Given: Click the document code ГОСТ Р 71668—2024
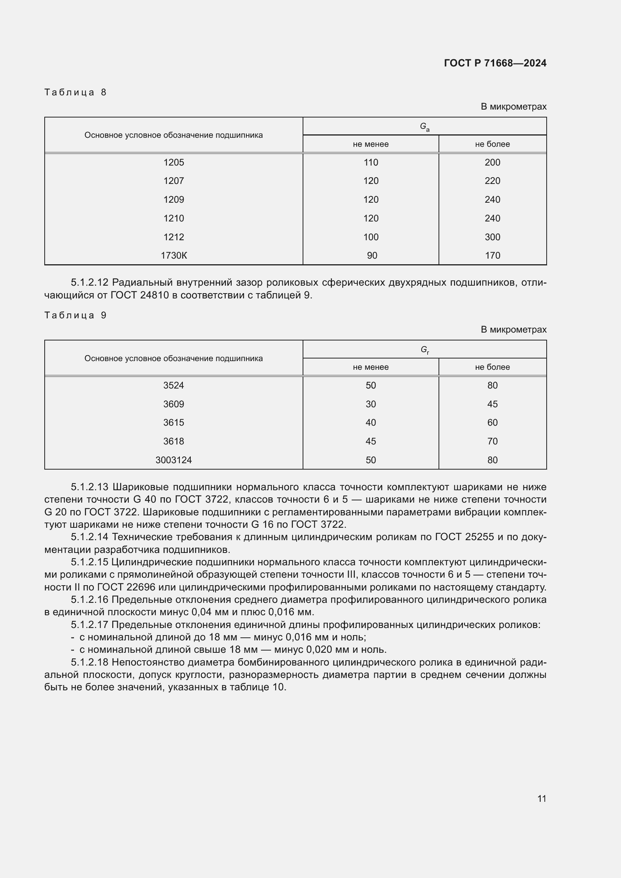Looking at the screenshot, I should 495,63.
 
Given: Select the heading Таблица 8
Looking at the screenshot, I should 75,92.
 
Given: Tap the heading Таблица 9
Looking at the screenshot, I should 75,315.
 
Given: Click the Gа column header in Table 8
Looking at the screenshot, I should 425,127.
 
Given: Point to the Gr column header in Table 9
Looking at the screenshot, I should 425,349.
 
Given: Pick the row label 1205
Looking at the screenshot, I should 173,163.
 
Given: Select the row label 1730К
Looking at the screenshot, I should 173,256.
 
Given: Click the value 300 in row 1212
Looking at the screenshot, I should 492,237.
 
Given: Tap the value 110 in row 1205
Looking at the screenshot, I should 371,163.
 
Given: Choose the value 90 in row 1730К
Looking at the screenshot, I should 372,256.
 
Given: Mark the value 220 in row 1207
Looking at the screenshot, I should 492,181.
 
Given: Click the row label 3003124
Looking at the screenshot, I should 173,460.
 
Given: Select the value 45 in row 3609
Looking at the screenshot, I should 492,404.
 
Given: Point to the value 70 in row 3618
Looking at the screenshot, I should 492,441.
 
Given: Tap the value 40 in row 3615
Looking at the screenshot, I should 371,423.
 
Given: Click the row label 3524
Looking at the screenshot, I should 173,386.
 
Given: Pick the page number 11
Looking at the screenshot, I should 541,798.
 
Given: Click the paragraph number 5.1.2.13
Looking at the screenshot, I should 90,487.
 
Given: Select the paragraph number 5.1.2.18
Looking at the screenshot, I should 90,662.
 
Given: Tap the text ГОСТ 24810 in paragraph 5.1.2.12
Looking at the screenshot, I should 140,295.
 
